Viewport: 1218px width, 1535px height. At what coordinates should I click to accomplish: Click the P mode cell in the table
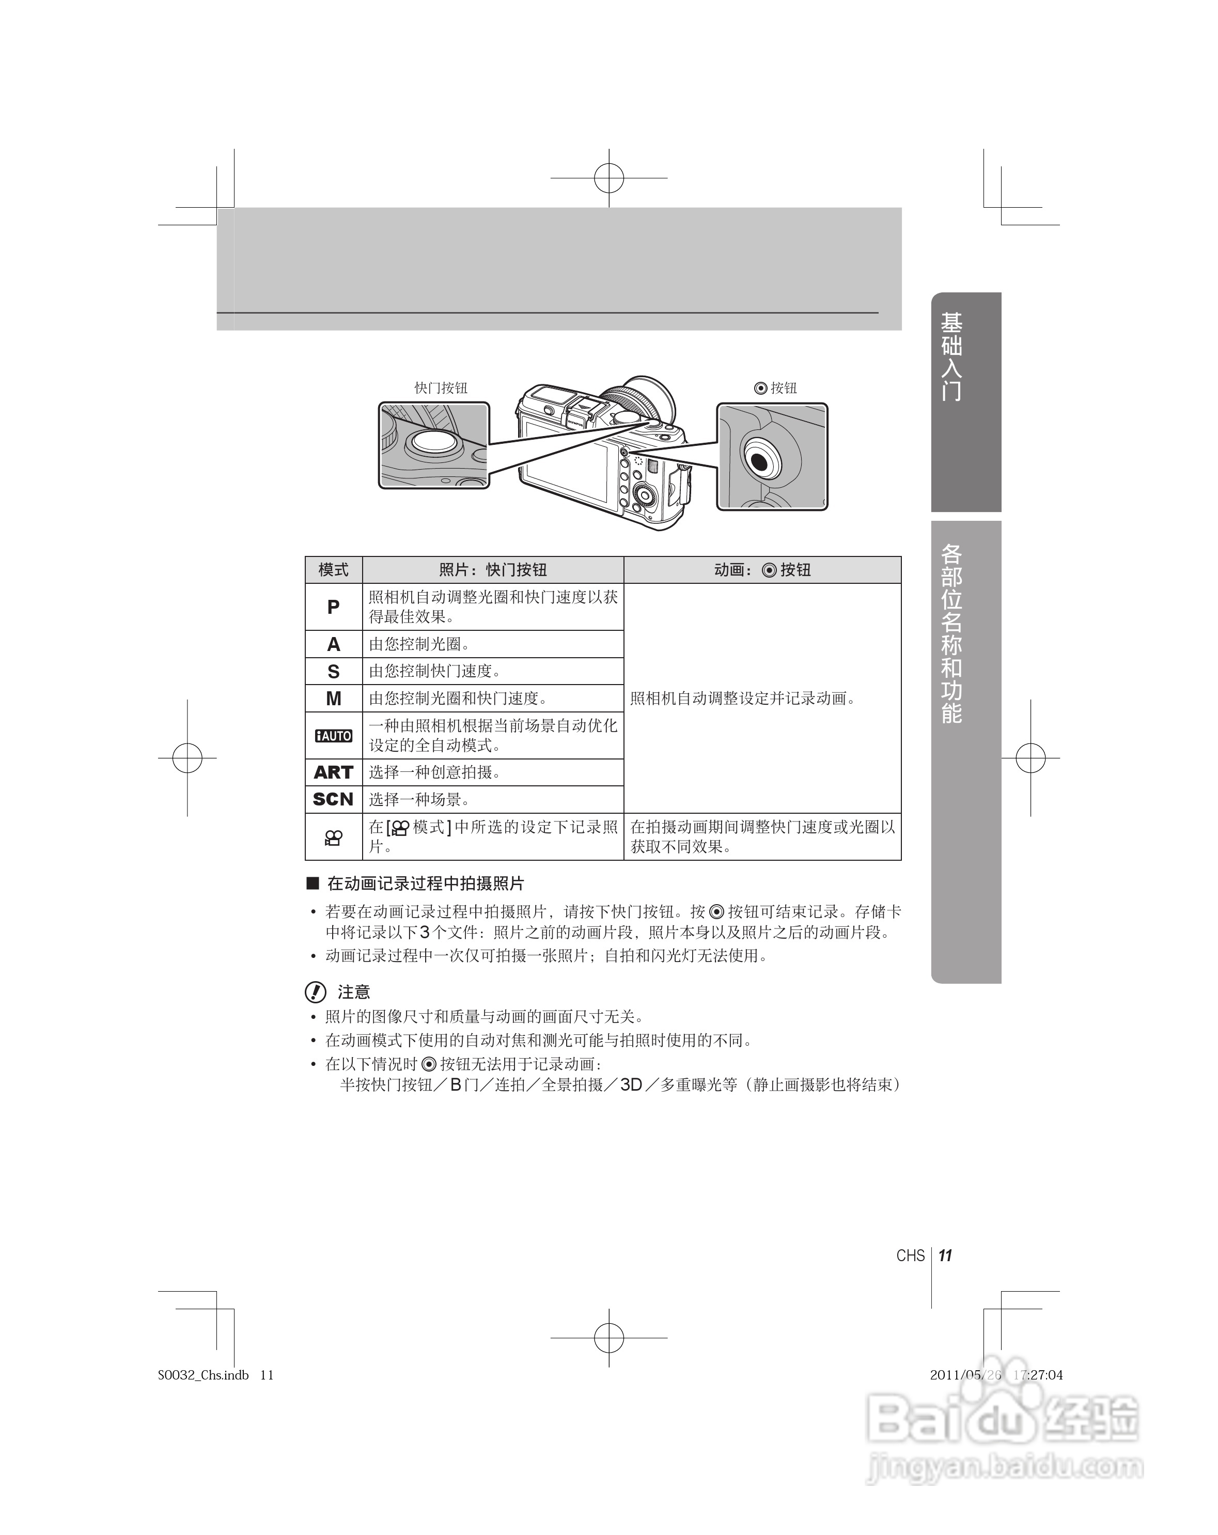333,607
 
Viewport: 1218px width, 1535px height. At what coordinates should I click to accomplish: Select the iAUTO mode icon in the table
333,735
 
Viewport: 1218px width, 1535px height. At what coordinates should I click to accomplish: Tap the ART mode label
333,772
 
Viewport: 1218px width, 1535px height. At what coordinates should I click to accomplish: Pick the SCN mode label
333,800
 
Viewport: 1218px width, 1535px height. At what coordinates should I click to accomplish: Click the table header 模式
333,569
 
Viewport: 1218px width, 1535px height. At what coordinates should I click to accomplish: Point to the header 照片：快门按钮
493,569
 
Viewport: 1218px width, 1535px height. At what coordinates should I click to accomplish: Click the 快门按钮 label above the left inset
441,388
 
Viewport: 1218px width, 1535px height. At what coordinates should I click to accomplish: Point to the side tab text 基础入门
952,356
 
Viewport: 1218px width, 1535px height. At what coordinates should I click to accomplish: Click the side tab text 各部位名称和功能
952,633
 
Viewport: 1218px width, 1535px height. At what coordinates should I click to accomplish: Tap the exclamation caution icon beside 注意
316,992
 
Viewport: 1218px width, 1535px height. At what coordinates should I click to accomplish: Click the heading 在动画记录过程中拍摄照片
425,883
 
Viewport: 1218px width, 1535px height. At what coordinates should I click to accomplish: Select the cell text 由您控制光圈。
418,644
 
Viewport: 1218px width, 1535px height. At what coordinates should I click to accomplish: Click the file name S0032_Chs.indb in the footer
204,1375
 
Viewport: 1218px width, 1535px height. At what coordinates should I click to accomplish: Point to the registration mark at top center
608,178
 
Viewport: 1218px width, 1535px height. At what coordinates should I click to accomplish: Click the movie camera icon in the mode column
333,838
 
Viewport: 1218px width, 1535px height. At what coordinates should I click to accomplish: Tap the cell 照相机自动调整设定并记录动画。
743,699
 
